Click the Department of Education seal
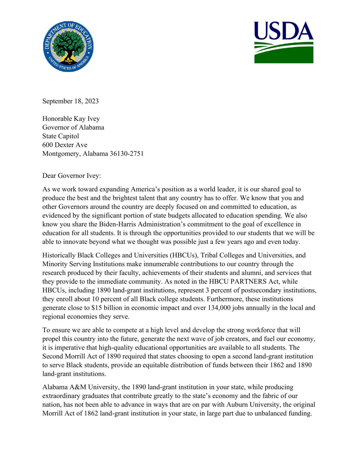68,46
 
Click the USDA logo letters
283,31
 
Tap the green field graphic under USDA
283,53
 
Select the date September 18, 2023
70,101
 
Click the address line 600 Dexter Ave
65,145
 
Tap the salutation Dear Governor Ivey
71,176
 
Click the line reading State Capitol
61,136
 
